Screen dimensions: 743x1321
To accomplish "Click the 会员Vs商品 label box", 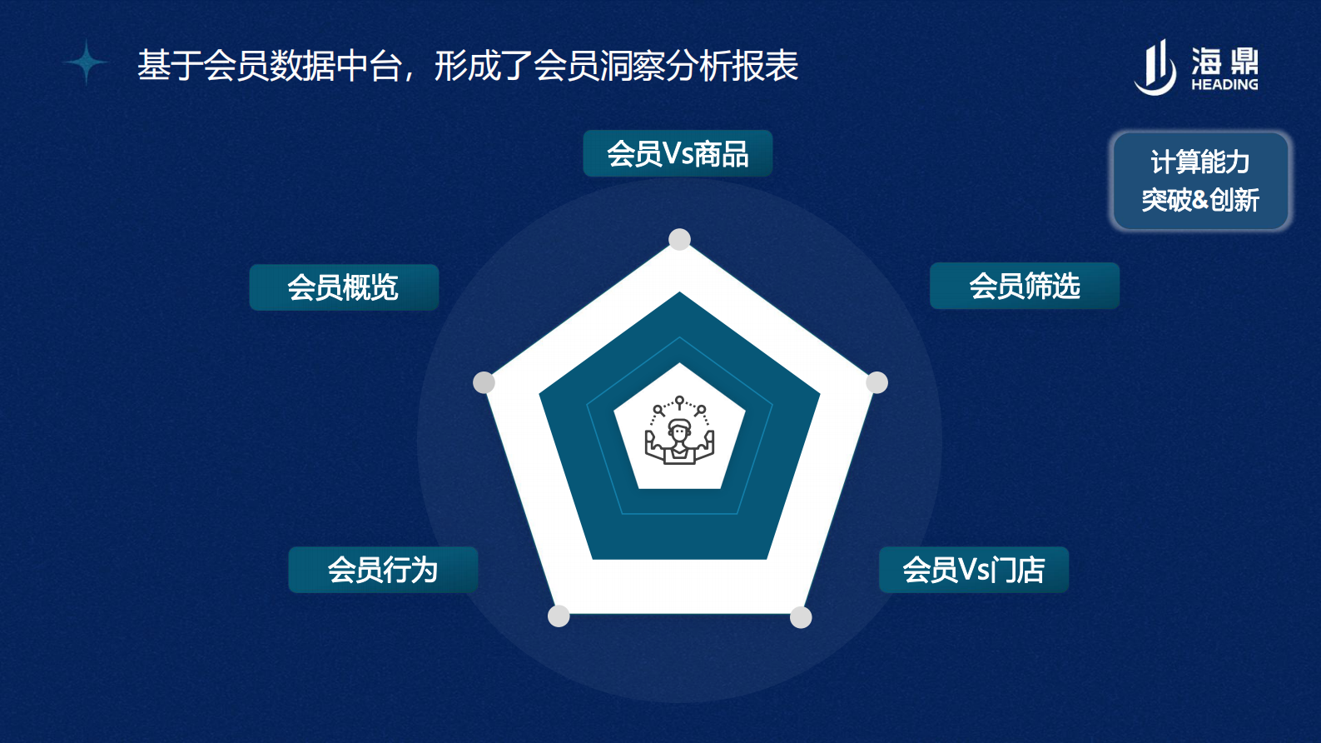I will click(678, 153).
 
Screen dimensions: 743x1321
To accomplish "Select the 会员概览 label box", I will click(344, 287).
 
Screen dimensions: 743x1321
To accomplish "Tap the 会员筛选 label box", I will click(1024, 286).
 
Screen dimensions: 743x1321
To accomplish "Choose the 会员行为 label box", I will click(383, 570).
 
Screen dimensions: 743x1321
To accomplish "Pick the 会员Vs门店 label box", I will click(973, 570).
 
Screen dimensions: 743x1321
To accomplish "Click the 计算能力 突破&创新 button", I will click(1200, 181).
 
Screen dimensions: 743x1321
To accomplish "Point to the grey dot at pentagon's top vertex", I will click(680, 240).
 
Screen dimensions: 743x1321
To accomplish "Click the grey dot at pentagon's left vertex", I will click(484, 382).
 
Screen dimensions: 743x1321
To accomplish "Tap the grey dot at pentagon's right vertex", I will click(877, 382).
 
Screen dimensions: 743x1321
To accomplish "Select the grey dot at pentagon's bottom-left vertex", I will click(559, 616).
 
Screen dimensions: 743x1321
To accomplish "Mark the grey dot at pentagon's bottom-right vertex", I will click(801, 617).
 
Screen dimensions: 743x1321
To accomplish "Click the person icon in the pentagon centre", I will click(679, 431).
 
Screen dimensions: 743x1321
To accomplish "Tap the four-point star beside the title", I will click(86, 62).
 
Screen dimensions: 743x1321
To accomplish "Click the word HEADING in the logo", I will click(1224, 84).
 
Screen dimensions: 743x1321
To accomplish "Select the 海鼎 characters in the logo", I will click(1224, 61).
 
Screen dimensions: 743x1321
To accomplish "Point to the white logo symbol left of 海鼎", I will click(1156, 68).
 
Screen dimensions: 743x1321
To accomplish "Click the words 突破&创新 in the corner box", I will click(1200, 200).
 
